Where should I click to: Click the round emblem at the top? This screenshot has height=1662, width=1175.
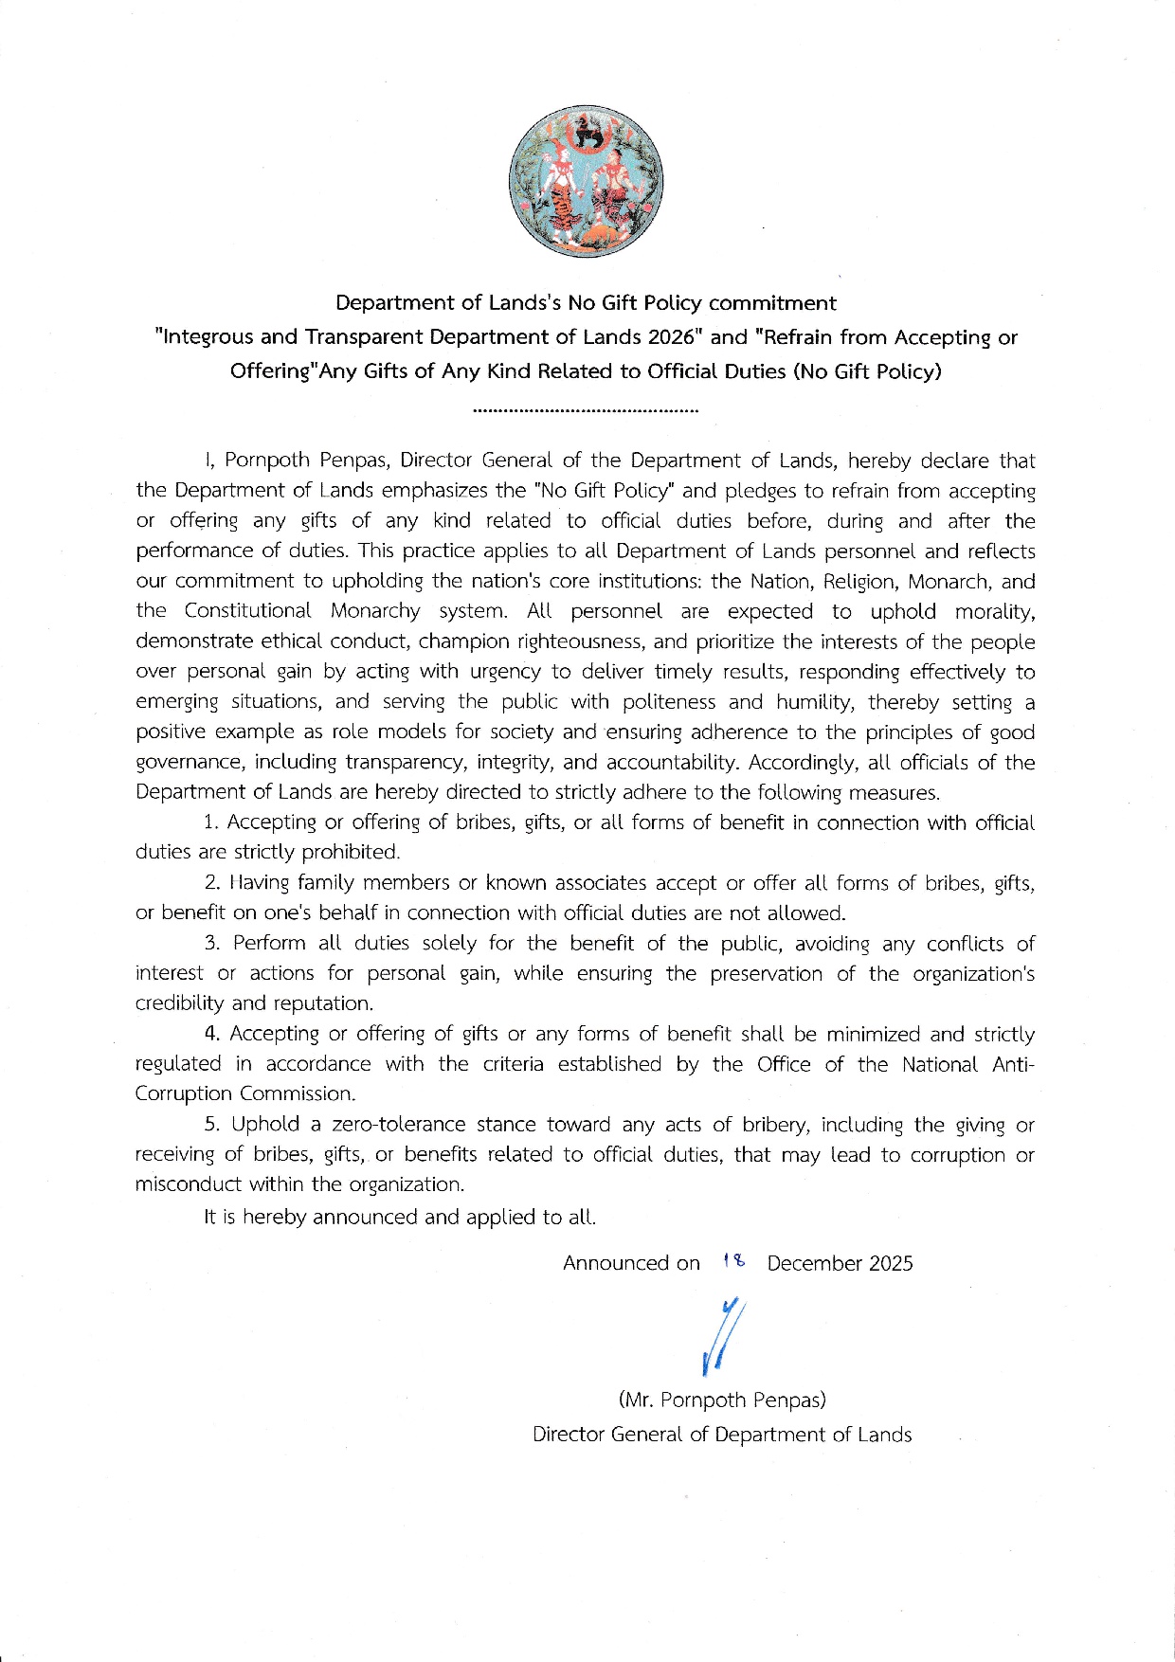(x=586, y=181)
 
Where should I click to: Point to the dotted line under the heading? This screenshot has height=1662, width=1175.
(x=585, y=411)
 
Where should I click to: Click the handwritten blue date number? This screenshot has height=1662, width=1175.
(x=733, y=1261)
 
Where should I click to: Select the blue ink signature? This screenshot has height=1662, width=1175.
(x=723, y=1336)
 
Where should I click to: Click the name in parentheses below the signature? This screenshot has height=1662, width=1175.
(x=722, y=1400)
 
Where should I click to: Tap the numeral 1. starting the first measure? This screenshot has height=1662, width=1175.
(x=211, y=822)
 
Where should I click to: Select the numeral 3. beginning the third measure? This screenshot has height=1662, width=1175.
(x=212, y=943)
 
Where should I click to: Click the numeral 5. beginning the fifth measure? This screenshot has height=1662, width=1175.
(x=212, y=1125)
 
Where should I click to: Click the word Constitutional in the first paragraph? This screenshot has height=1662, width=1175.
(x=247, y=611)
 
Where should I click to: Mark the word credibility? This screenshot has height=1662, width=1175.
(x=180, y=1003)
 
